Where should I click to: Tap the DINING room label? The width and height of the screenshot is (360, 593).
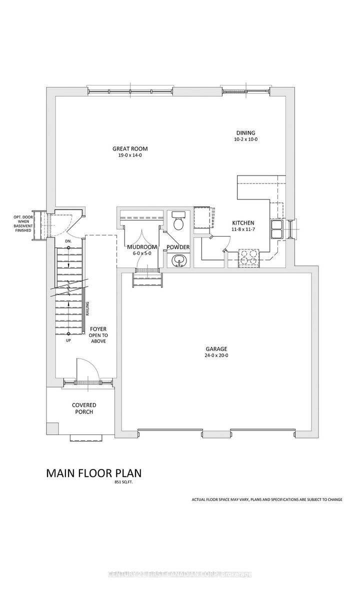(245, 132)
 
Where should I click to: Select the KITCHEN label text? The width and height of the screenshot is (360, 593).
(243, 223)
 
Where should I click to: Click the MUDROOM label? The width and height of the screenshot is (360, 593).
(142, 247)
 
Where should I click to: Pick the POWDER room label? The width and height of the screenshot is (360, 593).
(178, 247)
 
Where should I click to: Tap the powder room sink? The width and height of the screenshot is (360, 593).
(178, 260)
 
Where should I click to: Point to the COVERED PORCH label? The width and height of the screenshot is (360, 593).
(84, 408)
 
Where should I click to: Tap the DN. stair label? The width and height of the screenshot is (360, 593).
(68, 242)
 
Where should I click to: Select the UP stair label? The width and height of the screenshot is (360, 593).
(68, 340)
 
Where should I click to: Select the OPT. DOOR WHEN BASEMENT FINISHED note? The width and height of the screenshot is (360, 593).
(23, 223)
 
